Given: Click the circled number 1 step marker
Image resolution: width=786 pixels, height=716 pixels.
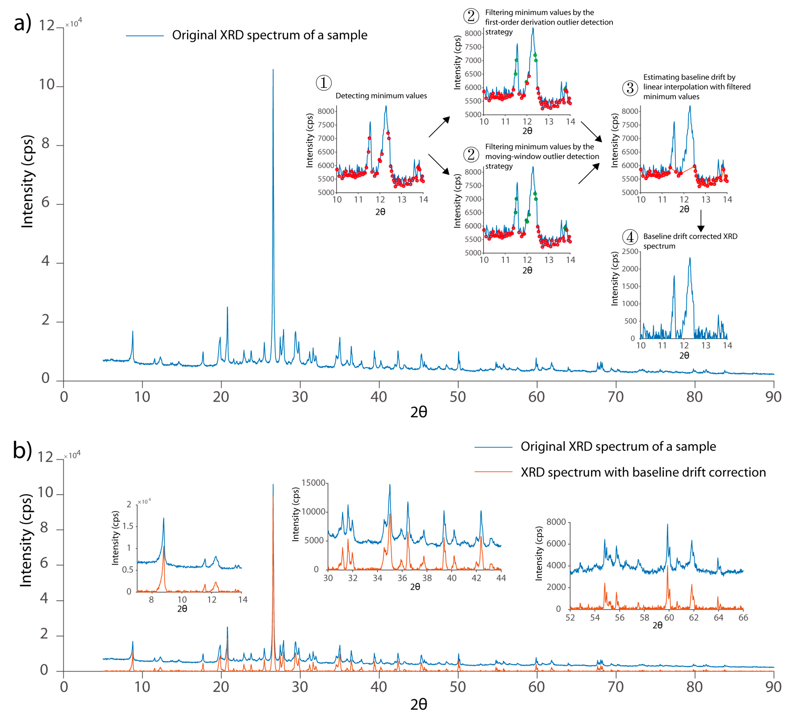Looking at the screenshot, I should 324,83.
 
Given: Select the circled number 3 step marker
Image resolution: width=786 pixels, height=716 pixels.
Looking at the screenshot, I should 630,88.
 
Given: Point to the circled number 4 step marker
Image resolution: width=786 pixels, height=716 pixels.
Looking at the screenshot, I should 630,237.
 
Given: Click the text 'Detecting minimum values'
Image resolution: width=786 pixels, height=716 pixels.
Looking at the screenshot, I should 381,96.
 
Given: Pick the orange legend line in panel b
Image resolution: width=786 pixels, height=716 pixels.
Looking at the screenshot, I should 493,472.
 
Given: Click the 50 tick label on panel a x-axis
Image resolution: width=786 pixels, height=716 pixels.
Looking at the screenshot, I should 458,397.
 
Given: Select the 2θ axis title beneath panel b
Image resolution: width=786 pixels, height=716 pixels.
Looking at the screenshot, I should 419,704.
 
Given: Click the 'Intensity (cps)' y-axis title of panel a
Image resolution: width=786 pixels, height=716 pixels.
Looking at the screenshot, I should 27,181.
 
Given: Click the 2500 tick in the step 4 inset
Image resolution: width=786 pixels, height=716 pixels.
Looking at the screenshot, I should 630,252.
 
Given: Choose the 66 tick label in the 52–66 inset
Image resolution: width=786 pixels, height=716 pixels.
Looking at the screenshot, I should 743,618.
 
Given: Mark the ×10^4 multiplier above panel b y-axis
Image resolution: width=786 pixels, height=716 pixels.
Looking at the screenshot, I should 72,455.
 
